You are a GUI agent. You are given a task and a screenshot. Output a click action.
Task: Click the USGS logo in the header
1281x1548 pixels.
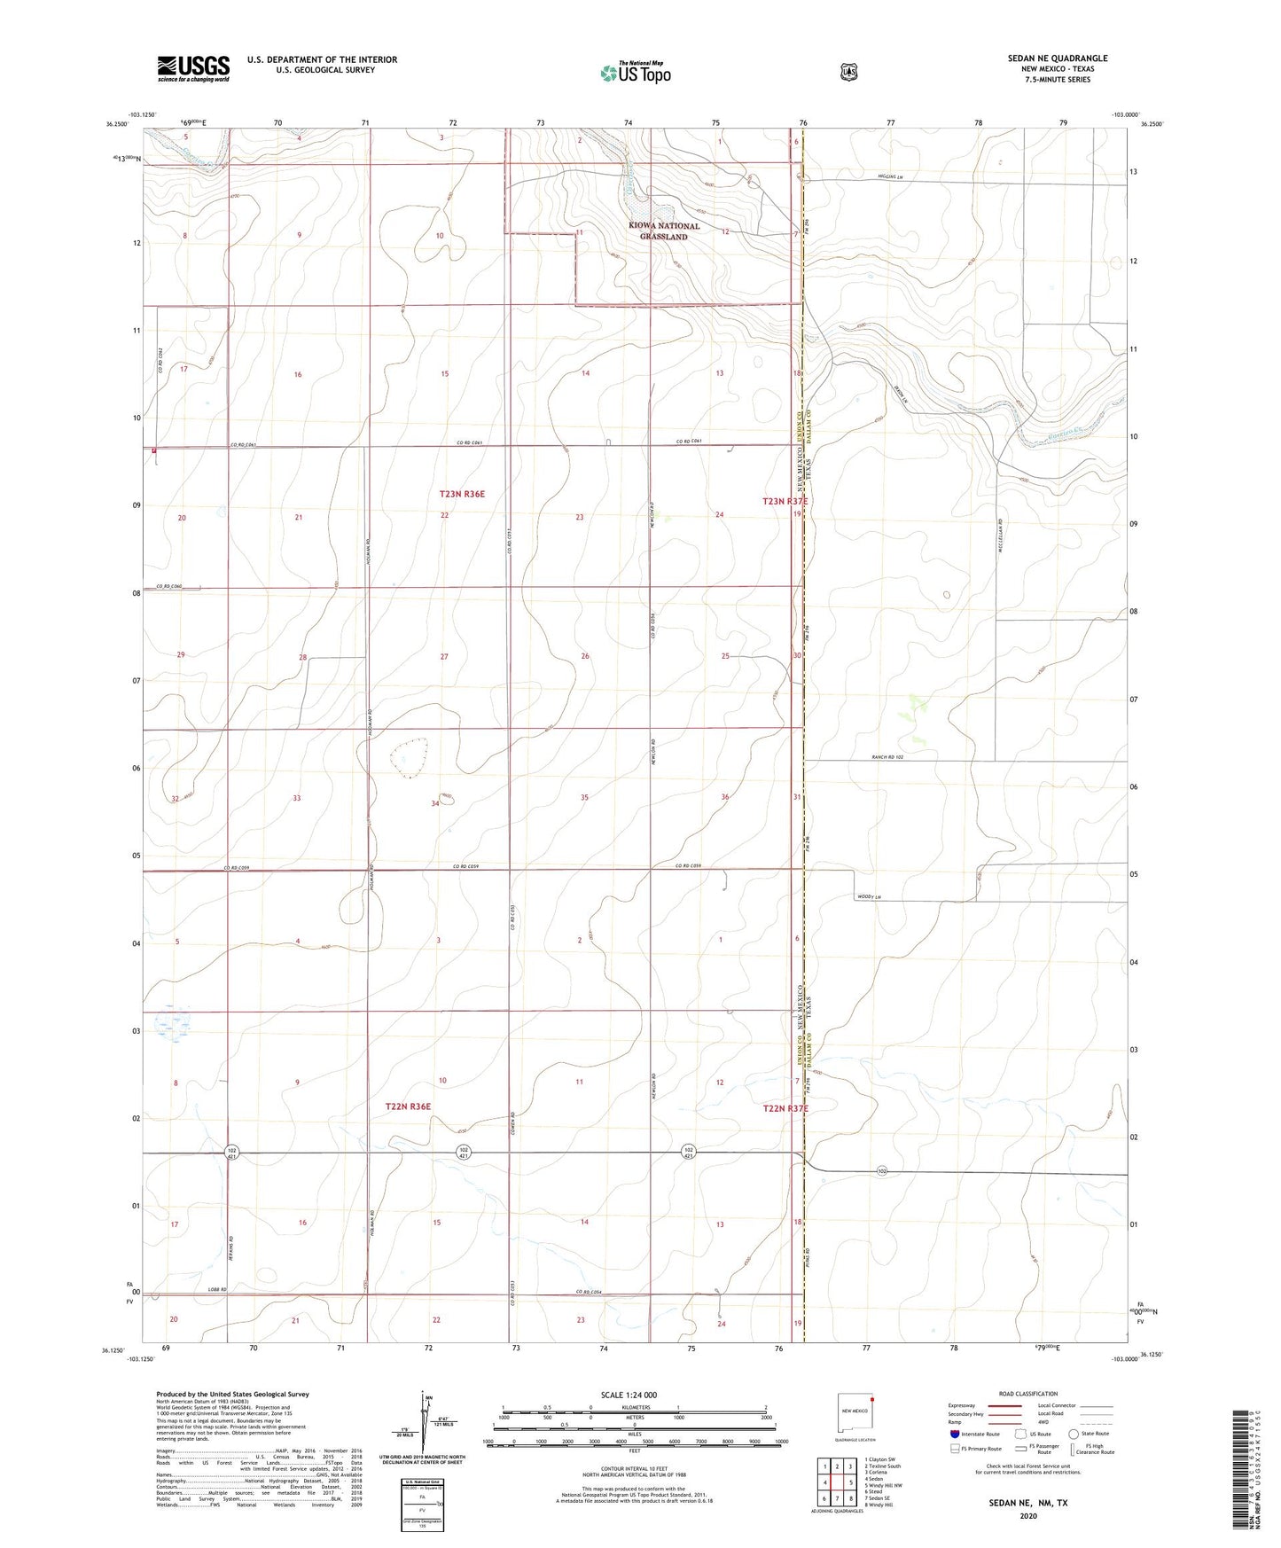pyautogui.click(x=193, y=67)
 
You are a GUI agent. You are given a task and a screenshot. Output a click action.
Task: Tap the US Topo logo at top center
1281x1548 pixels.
pyautogui.click(x=635, y=73)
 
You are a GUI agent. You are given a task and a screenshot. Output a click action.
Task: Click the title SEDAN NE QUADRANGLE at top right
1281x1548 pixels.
pyautogui.click(x=1057, y=59)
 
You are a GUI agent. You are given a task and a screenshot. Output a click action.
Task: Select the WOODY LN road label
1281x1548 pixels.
pyautogui.click(x=870, y=898)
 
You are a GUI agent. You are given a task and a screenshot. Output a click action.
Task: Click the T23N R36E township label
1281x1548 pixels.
pyautogui.click(x=462, y=493)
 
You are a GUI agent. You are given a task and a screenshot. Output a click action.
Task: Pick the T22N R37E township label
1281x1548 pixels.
pyautogui.click(x=785, y=1108)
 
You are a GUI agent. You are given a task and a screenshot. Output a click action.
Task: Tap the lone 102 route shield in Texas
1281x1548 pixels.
pyautogui.click(x=882, y=1171)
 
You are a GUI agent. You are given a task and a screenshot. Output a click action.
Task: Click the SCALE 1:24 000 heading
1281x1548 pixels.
pyautogui.click(x=629, y=1396)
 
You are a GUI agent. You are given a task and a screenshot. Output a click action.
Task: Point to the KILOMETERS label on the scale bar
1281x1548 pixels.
pyautogui.click(x=634, y=1407)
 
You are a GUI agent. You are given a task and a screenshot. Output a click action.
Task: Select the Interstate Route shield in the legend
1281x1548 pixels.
pyautogui.click(x=954, y=1434)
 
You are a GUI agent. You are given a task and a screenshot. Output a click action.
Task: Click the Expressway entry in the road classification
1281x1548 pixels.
pyautogui.click(x=962, y=1405)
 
